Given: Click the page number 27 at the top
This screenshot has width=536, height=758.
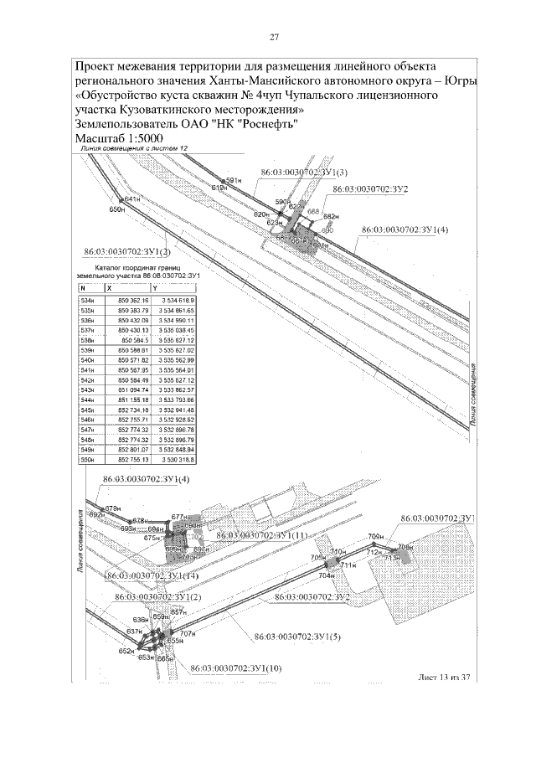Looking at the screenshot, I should coord(274,37).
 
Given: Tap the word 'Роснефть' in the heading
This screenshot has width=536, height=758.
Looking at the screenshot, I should coord(267,124).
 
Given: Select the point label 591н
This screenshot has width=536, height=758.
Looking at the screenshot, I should coord(234,180).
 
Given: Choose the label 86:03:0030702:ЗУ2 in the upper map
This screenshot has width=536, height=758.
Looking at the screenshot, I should coord(369,190).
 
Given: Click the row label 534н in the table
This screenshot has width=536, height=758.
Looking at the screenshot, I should coord(87,300).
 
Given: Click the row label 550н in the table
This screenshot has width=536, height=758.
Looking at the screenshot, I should coord(87,460).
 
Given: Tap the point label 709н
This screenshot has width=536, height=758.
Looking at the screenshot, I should coord(375,535).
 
